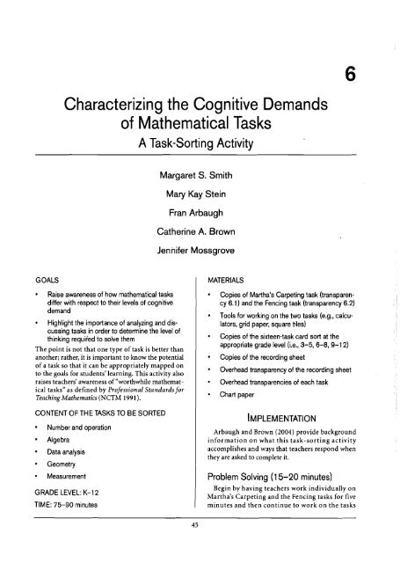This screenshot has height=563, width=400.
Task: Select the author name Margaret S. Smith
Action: [196, 166]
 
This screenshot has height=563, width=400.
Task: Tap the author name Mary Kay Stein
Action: [196, 186]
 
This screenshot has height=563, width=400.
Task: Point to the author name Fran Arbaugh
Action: [196, 208]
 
